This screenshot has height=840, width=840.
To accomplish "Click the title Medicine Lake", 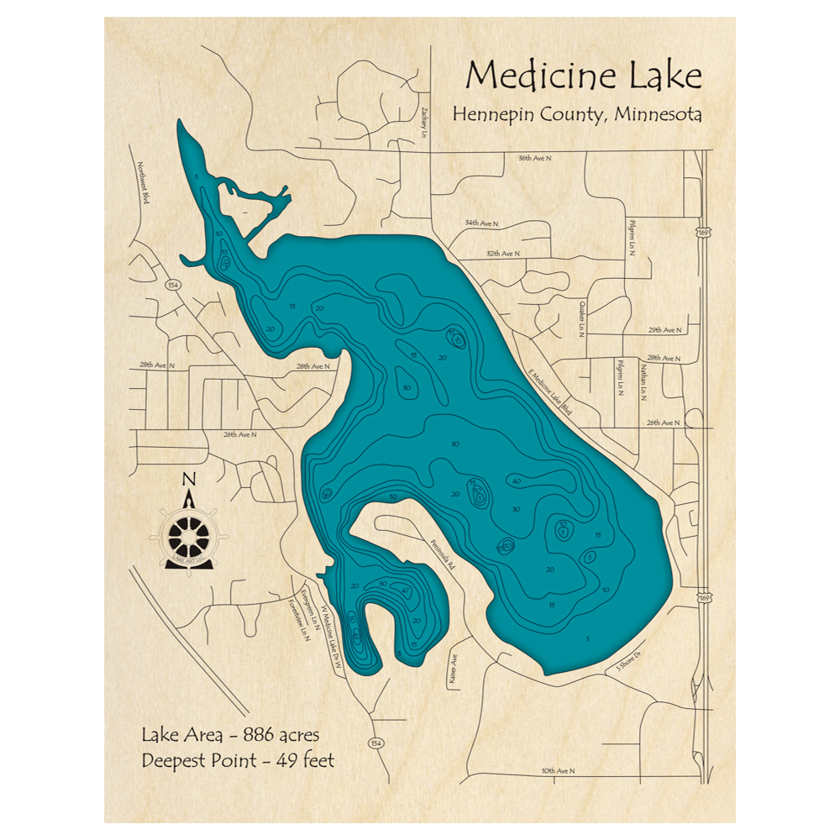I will click(x=583, y=76).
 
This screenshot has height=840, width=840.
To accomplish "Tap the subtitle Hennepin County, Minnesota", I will click(x=577, y=114).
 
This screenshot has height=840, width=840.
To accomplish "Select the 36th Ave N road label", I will click(x=537, y=158).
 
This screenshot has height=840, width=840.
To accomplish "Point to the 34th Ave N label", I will click(x=481, y=223).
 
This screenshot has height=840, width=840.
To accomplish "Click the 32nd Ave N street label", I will click(x=502, y=252).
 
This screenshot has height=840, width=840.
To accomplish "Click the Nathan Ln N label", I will click(x=643, y=381).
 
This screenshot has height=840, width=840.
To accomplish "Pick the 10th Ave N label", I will click(x=557, y=770).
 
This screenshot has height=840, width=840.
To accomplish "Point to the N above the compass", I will click(x=189, y=480).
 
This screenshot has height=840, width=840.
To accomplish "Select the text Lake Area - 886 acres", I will click(x=230, y=736).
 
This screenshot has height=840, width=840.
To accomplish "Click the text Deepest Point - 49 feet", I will click(x=238, y=761).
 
